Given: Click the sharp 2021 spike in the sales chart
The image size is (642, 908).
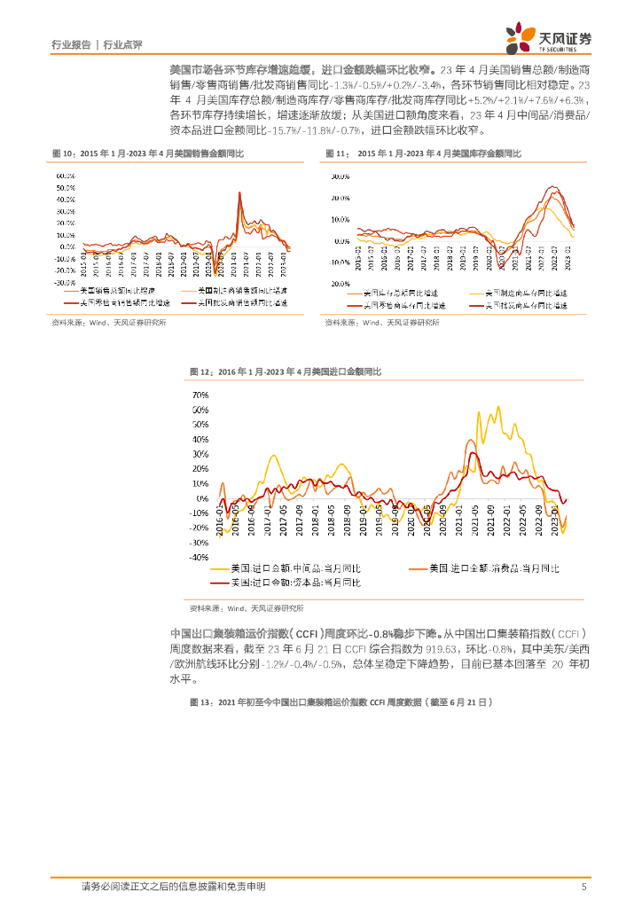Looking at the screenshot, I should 239,192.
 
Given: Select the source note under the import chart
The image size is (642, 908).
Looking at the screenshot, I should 247,609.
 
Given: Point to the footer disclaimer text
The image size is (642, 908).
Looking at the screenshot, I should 173,887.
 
